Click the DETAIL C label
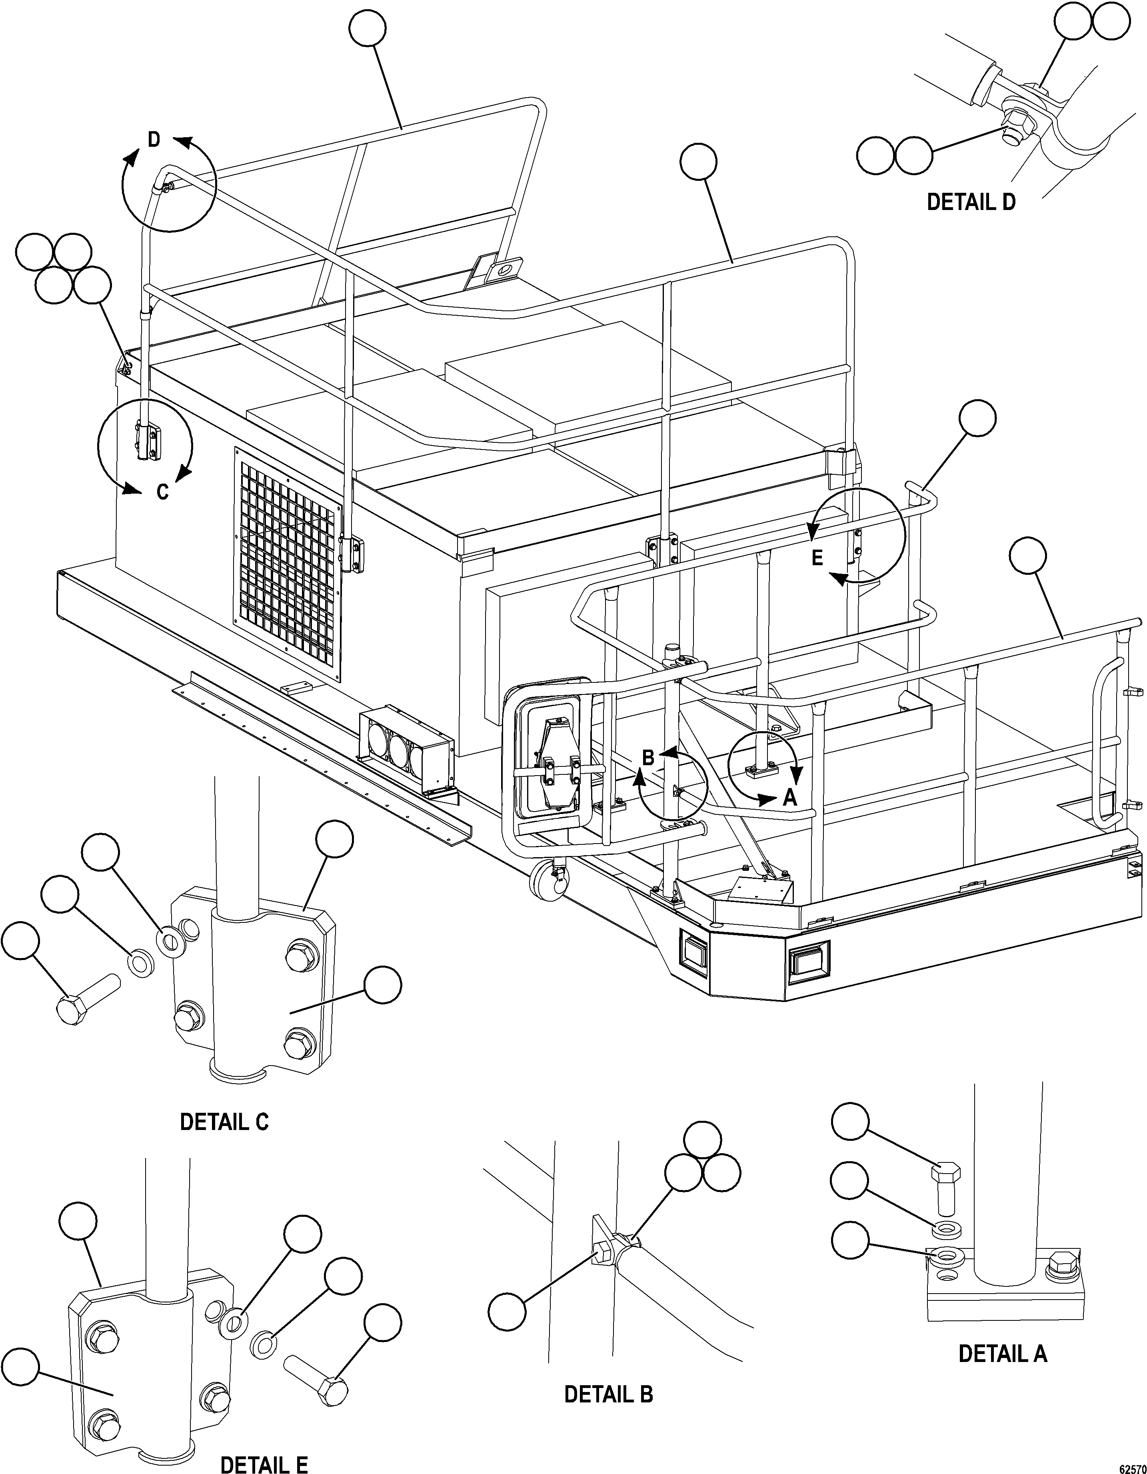click(224, 1122)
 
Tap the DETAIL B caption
click(608, 1394)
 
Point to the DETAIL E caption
click(264, 1463)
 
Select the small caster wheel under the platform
click(549, 882)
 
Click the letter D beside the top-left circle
click(154, 140)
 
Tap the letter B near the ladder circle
click(648, 757)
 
